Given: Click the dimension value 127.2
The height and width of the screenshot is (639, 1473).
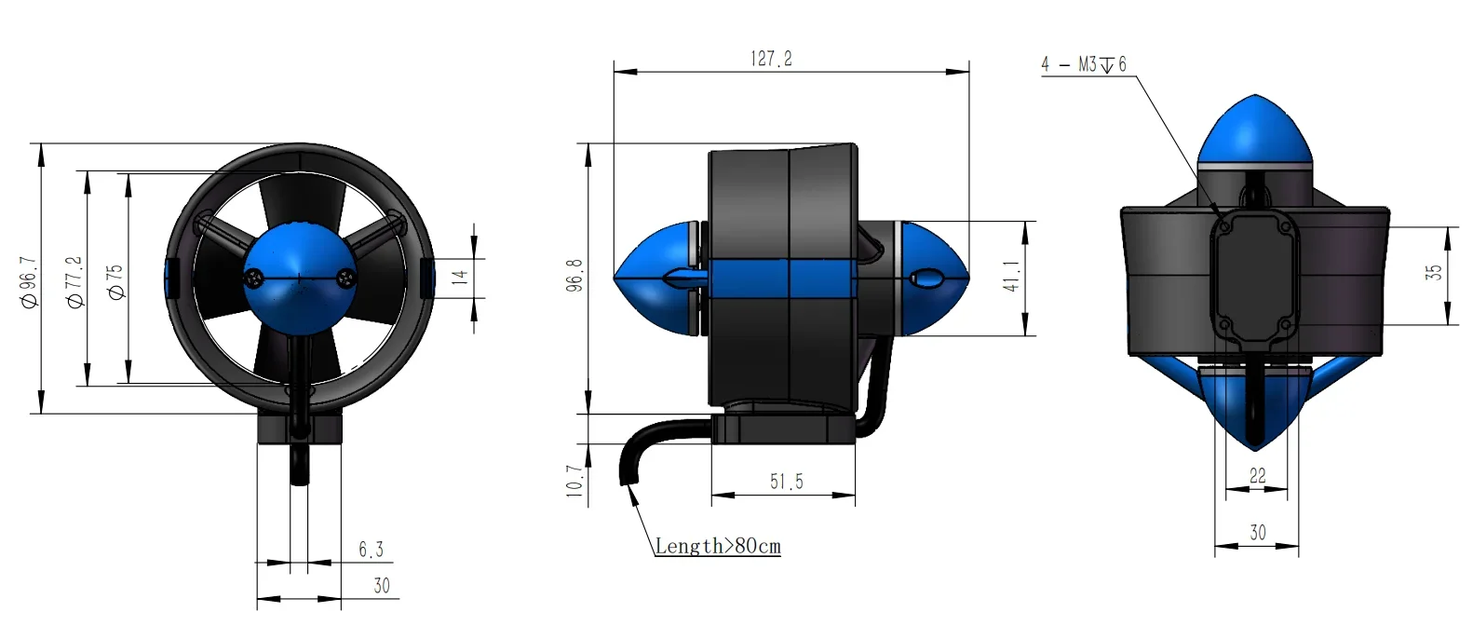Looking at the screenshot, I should click(x=771, y=59).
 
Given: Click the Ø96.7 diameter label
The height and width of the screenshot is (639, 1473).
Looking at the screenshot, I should click(x=29, y=282).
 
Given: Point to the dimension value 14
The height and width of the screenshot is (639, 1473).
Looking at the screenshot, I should click(x=459, y=277).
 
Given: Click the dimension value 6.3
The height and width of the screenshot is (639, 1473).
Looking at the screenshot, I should click(x=371, y=550).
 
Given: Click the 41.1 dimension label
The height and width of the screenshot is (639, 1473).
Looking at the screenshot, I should click(x=1012, y=277).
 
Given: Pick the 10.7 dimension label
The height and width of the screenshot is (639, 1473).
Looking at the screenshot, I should click(x=574, y=482).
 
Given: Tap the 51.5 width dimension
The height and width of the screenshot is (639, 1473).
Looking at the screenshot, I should click(x=786, y=482).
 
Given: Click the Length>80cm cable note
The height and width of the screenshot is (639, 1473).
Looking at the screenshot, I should click(x=717, y=546).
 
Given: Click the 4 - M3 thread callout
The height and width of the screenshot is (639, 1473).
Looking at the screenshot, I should click(x=1084, y=64).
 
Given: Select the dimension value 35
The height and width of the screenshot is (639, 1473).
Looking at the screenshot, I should click(x=1434, y=272).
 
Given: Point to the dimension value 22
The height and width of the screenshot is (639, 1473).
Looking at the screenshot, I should click(x=1257, y=476).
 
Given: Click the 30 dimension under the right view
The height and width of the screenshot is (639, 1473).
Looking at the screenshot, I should click(x=1257, y=533).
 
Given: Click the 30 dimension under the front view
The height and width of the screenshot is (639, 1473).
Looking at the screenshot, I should click(x=382, y=586).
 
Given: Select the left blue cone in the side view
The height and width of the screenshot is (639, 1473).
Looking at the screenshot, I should click(x=656, y=277).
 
